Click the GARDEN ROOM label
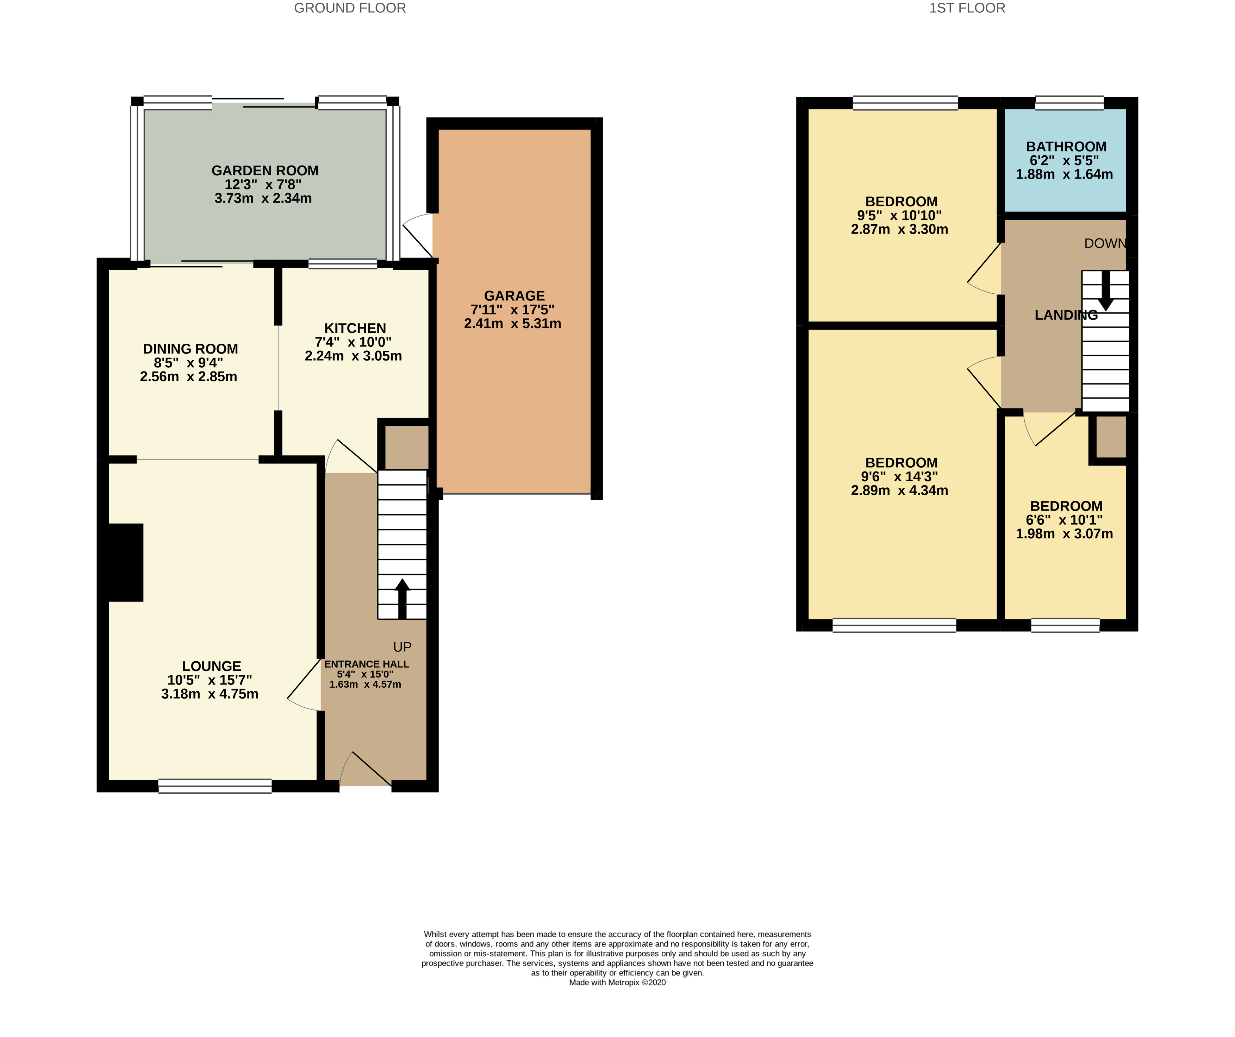point(265,170)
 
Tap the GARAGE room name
point(514,296)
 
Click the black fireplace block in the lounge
point(126,562)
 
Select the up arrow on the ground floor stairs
point(402,599)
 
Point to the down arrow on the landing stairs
point(1106,291)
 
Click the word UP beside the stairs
point(402,647)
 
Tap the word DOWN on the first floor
point(1105,244)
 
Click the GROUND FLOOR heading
point(350,8)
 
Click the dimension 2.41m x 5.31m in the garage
point(512,324)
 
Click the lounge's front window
point(215,786)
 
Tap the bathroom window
point(1069,103)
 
